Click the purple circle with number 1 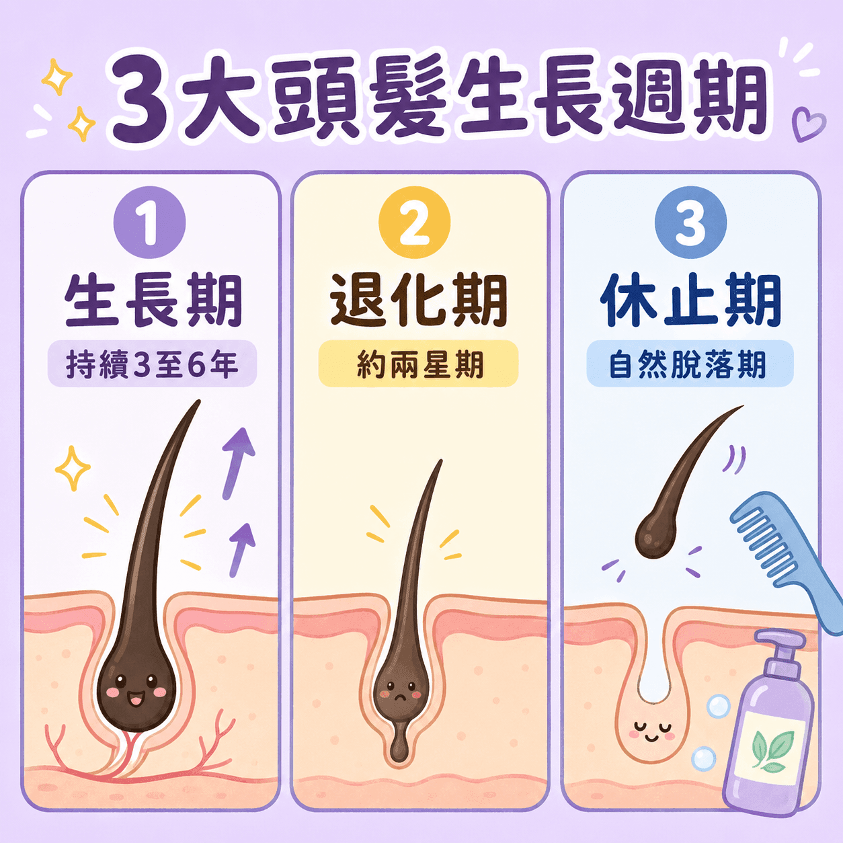tap(149, 223)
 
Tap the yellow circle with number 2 tap(414, 223)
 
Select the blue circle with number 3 tap(690, 223)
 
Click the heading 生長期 tap(153, 300)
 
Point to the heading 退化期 tap(419, 300)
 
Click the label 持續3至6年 tap(152, 364)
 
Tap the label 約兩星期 tap(419, 364)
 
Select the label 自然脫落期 tap(690, 364)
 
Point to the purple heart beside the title tap(809, 124)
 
